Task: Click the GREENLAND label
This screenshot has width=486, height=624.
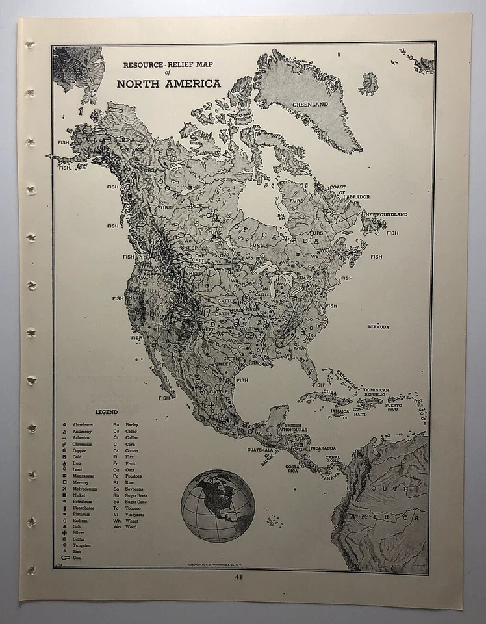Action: (x=309, y=103)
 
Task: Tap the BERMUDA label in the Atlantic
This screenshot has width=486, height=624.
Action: (x=378, y=327)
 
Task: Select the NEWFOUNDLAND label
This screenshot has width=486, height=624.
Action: (x=386, y=214)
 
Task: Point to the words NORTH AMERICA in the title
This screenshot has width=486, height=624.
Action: (x=168, y=84)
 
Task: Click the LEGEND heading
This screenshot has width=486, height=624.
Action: (x=106, y=412)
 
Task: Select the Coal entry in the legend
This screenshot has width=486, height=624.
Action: (x=77, y=558)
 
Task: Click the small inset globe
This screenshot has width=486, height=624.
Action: (x=218, y=506)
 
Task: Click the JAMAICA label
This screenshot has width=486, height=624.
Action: (x=339, y=411)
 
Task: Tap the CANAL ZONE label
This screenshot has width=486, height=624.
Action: (x=332, y=459)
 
